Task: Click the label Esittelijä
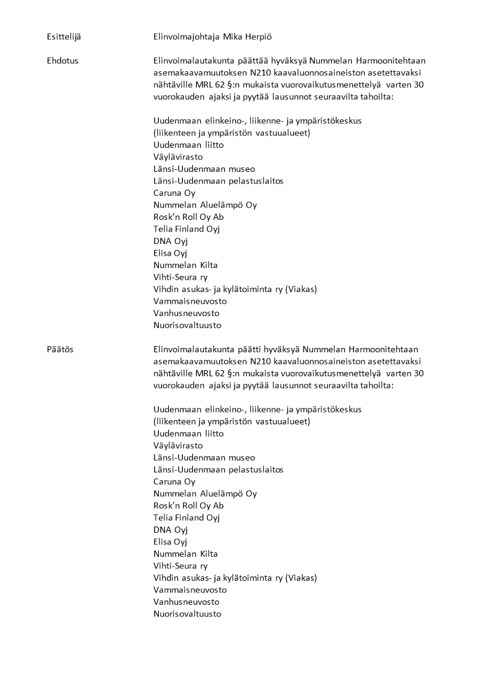coord(63,37)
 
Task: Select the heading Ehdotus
coord(62,61)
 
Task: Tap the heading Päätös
coord(60,349)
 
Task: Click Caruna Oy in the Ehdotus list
coord(174,193)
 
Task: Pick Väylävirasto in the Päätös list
coord(178,445)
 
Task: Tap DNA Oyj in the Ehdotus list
coord(171,241)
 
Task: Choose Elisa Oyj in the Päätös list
coord(170,542)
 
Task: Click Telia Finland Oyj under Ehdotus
coord(187,229)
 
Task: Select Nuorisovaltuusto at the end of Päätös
coord(187,614)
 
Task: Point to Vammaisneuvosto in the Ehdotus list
coord(190,301)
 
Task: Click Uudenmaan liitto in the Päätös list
coord(188,434)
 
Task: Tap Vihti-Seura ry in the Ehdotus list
coord(180,277)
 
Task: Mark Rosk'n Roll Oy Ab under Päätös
coord(188,506)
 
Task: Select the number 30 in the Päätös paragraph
coord(419,373)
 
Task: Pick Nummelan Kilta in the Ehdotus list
coord(185,265)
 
